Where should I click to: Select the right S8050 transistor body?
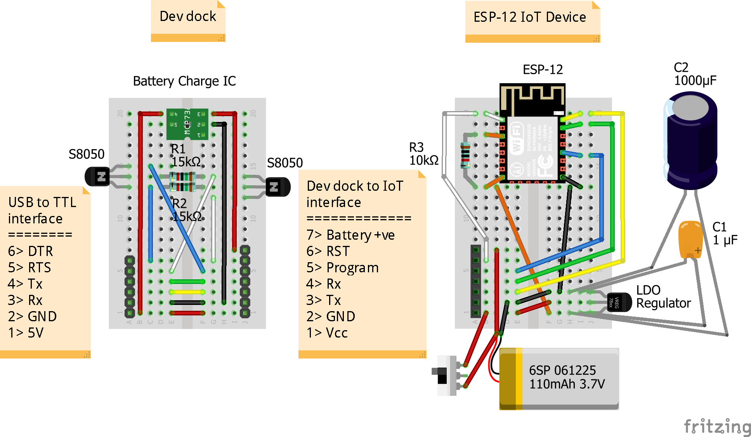pyautogui.click(x=278, y=187)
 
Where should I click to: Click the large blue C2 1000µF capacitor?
pyautogui.click(x=691, y=140)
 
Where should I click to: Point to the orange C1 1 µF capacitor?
pyautogui.click(x=690, y=239)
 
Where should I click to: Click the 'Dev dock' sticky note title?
pyautogui.click(x=188, y=16)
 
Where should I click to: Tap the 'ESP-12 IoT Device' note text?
pyautogui.click(x=529, y=17)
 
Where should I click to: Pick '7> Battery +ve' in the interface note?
pyautogui.click(x=350, y=235)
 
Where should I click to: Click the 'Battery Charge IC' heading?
pyautogui.click(x=184, y=81)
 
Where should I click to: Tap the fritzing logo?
pyautogui.click(x=717, y=427)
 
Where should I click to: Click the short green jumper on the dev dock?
pyautogui.click(x=187, y=281)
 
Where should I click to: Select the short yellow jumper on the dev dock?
pyautogui.click(x=187, y=292)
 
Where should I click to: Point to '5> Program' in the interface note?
pyautogui.click(x=342, y=268)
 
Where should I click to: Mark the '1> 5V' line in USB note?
pyautogui.click(x=26, y=333)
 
